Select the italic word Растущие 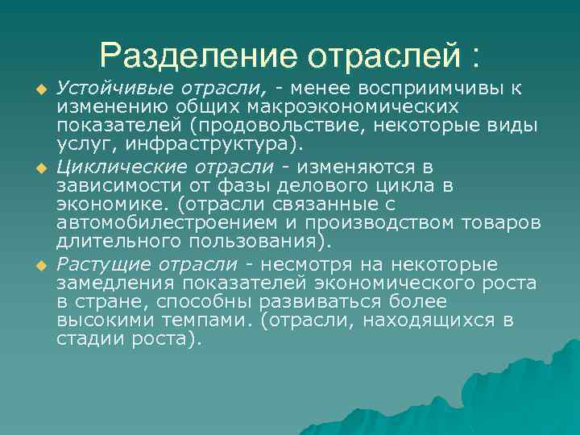[93, 265]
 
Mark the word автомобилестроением [158, 223]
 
